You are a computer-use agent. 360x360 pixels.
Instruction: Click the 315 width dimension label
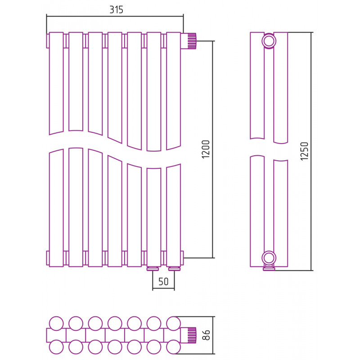pos(116,9)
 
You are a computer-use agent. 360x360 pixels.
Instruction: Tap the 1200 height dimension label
pos(206,149)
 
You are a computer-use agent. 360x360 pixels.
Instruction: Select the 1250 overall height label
pos(305,151)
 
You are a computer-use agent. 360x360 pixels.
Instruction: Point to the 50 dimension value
pos(163,282)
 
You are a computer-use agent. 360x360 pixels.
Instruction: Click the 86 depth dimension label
pos(207,335)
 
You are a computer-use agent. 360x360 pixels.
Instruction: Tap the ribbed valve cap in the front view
pos(192,41)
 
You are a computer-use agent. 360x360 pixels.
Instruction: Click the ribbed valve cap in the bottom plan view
pos(192,335)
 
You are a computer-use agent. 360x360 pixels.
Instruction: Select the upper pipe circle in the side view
pos(269,41)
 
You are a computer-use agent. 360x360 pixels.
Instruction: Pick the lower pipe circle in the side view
pos(269,258)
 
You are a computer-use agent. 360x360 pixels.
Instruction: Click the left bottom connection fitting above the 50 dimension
pos(153,269)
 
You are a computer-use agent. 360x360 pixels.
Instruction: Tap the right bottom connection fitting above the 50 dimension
pos(175,269)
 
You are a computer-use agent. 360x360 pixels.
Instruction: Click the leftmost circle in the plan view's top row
pos(56,324)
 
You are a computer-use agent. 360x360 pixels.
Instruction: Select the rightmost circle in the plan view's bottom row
pos(173,347)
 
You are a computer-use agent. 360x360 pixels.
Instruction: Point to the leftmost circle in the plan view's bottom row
pos(56,347)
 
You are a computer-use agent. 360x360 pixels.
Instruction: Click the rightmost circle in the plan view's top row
pos(173,324)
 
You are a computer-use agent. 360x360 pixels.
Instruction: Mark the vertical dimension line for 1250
pos(311,152)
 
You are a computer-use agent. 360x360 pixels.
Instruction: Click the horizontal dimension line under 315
pos(115,16)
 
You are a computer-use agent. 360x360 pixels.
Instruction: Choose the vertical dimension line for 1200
pos(213,149)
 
